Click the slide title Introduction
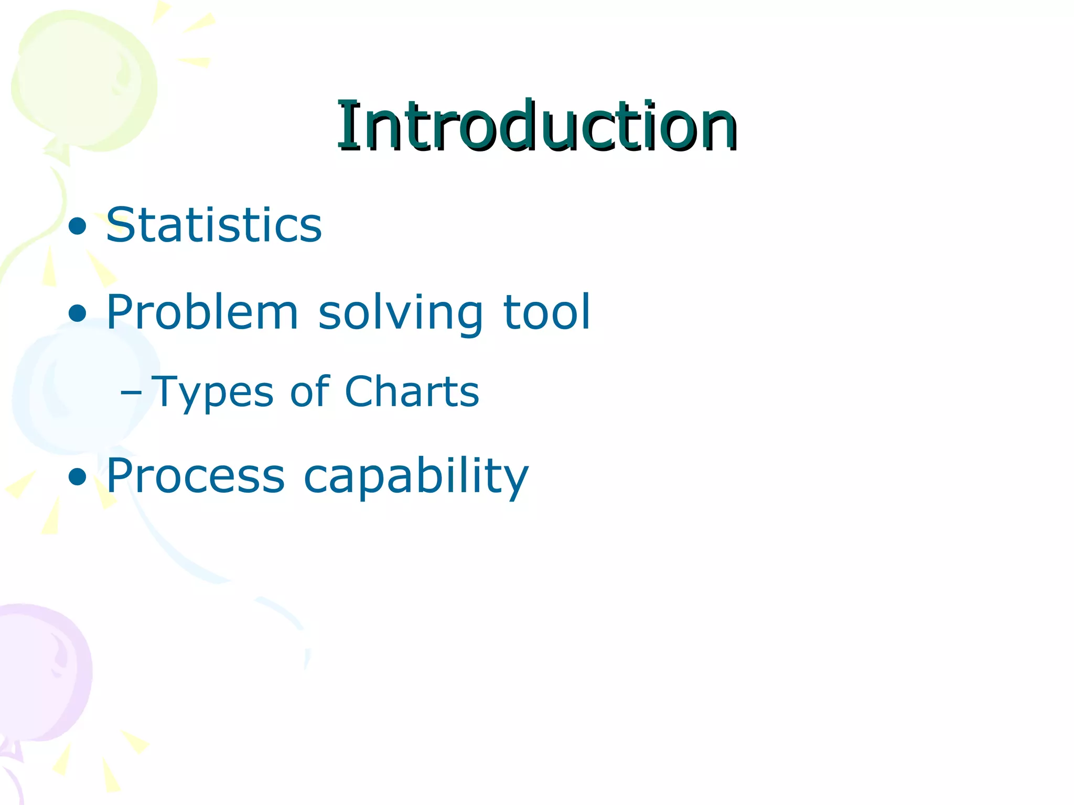pos(537,126)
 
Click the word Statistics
pos(214,225)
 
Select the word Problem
pos(202,312)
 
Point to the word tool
pos(546,312)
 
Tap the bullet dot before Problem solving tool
pos(78,313)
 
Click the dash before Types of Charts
pos(131,391)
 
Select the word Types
pos(212,392)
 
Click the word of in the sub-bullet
pos(309,391)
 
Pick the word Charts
pos(412,391)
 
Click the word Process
pos(195,476)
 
